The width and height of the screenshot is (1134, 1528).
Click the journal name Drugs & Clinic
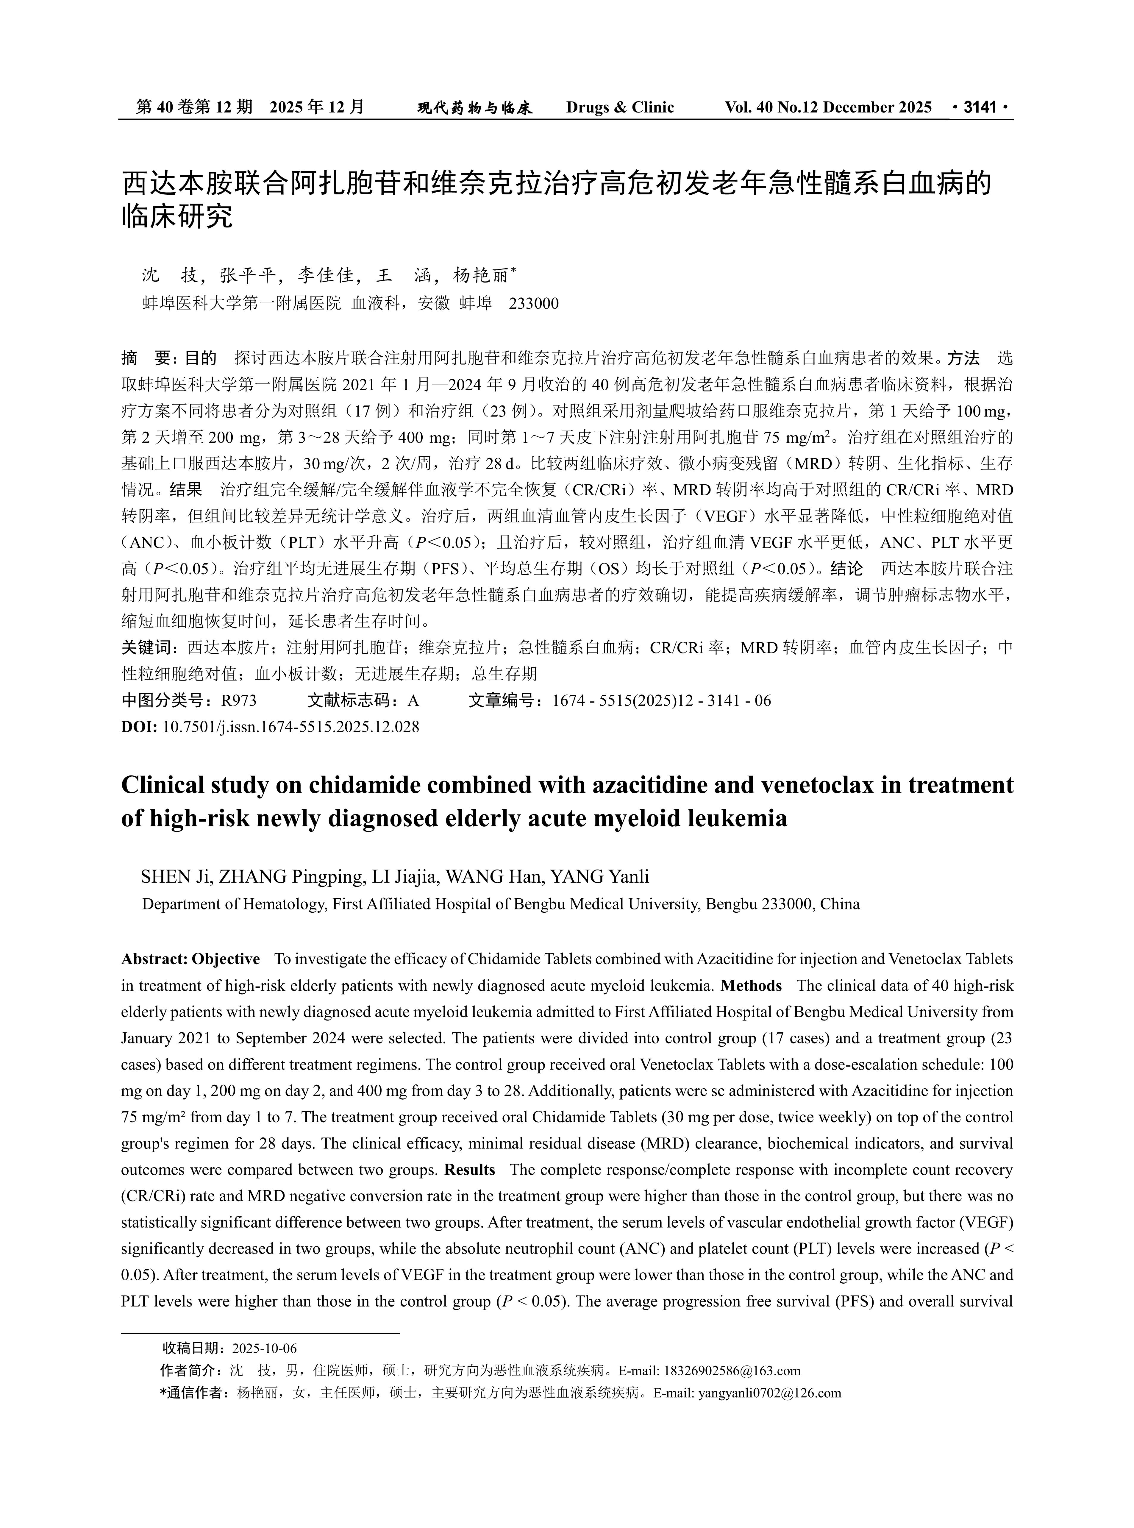click(620, 107)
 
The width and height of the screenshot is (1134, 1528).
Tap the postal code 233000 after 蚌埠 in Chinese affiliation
click(533, 303)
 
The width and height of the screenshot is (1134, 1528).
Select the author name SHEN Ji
click(174, 877)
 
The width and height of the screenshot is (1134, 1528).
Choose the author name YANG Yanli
click(600, 877)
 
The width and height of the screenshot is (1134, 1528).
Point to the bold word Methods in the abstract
click(751, 986)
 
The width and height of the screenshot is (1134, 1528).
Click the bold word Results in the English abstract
click(470, 1170)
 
